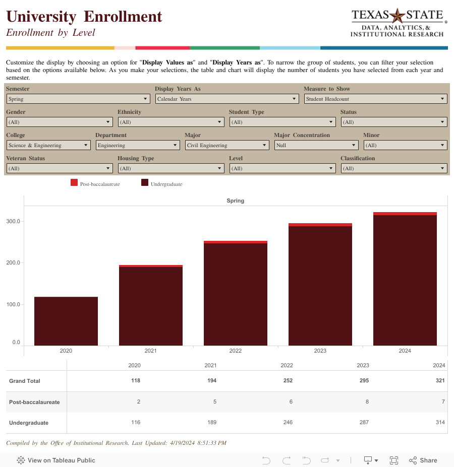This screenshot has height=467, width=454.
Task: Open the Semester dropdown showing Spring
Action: point(78,99)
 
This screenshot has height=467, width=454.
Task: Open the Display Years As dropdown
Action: point(226,99)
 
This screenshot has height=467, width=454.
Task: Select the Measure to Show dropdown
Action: point(375,99)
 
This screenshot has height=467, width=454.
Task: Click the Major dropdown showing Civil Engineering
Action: point(226,145)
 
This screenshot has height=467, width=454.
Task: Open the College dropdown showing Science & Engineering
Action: point(48,145)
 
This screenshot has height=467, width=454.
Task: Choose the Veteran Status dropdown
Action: point(59,168)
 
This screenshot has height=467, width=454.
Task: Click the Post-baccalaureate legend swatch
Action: point(74,183)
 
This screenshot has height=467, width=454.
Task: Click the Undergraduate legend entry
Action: point(166,184)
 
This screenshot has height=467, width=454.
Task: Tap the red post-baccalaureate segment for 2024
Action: point(405,214)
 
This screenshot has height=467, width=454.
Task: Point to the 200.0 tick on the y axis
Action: point(13,263)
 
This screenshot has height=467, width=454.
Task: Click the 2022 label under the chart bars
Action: point(235,351)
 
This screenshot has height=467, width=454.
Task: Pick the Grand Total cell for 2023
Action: point(363,380)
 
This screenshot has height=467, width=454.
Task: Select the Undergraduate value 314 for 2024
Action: point(440,422)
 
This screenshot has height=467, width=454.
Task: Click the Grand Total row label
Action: point(25,381)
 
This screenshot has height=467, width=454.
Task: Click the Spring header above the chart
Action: point(235,201)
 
